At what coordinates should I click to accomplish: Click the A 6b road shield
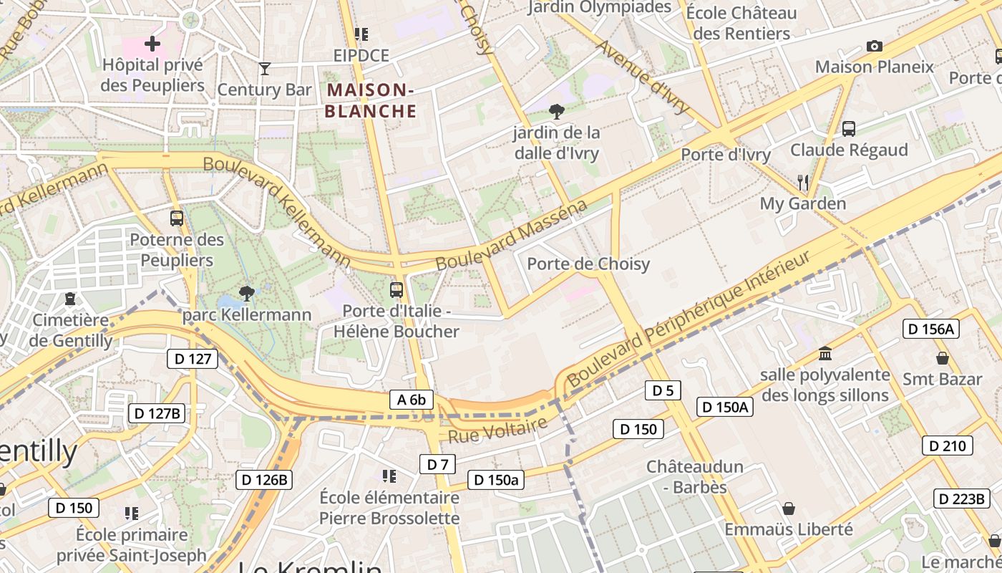point(412,400)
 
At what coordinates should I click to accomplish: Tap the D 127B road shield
point(157,413)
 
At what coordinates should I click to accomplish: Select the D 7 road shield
point(437,464)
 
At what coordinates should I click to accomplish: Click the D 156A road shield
point(930,329)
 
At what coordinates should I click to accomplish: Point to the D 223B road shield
point(961,499)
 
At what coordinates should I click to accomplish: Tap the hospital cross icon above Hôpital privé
point(152,44)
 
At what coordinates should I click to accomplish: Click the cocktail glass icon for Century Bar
point(265,69)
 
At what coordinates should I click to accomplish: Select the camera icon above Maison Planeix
point(874,47)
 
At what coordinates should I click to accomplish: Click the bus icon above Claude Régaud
point(849,129)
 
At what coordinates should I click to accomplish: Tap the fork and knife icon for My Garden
point(803,183)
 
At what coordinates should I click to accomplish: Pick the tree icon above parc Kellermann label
point(247,293)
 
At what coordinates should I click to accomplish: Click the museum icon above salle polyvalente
point(825,354)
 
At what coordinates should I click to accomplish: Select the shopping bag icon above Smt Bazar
point(943,358)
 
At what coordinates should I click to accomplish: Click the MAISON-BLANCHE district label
point(370,100)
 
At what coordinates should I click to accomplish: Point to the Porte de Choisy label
point(588,264)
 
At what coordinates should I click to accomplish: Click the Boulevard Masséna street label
point(510,236)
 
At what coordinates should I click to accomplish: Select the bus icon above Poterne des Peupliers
point(177,218)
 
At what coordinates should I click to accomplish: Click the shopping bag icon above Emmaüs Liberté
point(789,509)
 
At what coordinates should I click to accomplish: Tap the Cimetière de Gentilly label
point(70,330)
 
